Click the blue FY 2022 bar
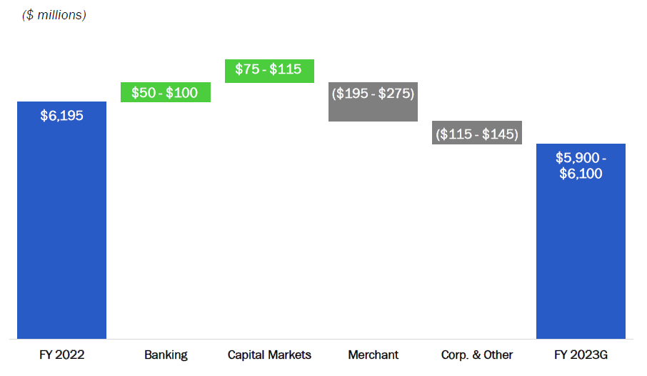[x=61, y=220]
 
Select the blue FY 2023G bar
[x=581, y=242]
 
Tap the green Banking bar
[x=166, y=92]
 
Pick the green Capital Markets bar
[x=269, y=71]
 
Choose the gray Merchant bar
[x=373, y=102]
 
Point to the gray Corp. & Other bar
[x=477, y=133]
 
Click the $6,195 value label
[x=61, y=116]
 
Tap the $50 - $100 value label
[x=165, y=92]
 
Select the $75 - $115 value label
[x=269, y=69]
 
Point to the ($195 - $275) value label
[x=373, y=94]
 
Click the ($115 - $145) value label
[x=477, y=134]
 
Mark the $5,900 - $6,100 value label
[x=581, y=165]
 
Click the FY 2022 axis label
[x=62, y=355]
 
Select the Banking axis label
[x=166, y=355]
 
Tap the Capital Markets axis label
[x=269, y=355]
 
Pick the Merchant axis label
[x=373, y=355]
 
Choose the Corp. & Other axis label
[x=477, y=355]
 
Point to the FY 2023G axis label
[x=581, y=355]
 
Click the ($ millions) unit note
[x=54, y=15]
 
